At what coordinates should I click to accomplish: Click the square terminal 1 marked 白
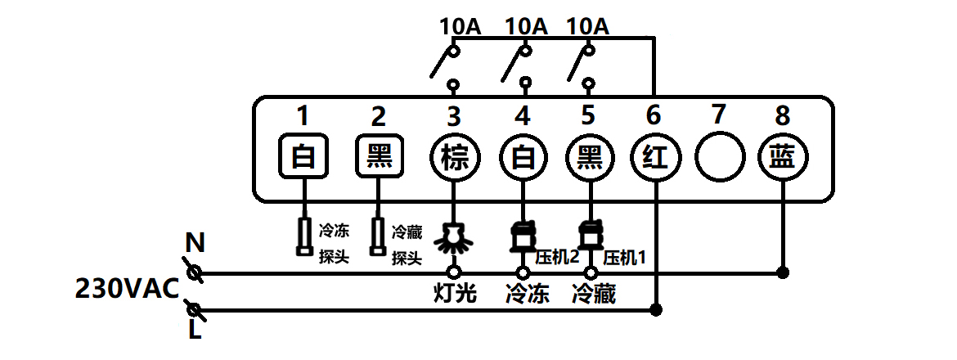pyautogui.click(x=304, y=155)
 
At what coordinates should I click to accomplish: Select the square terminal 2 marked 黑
pyautogui.click(x=380, y=155)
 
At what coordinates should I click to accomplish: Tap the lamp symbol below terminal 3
pyautogui.click(x=454, y=237)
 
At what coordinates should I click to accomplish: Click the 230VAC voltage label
pyautogui.click(x=127, y=289)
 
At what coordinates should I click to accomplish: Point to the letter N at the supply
pyautogui.click(x=195, y=243)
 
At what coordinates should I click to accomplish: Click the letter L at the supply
pyautogui.click(x=195, y=331)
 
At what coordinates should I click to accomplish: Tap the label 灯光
pyautogui.click(x=454, y=294)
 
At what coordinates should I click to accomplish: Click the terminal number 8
pyautogui.click(x=783, y=115)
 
